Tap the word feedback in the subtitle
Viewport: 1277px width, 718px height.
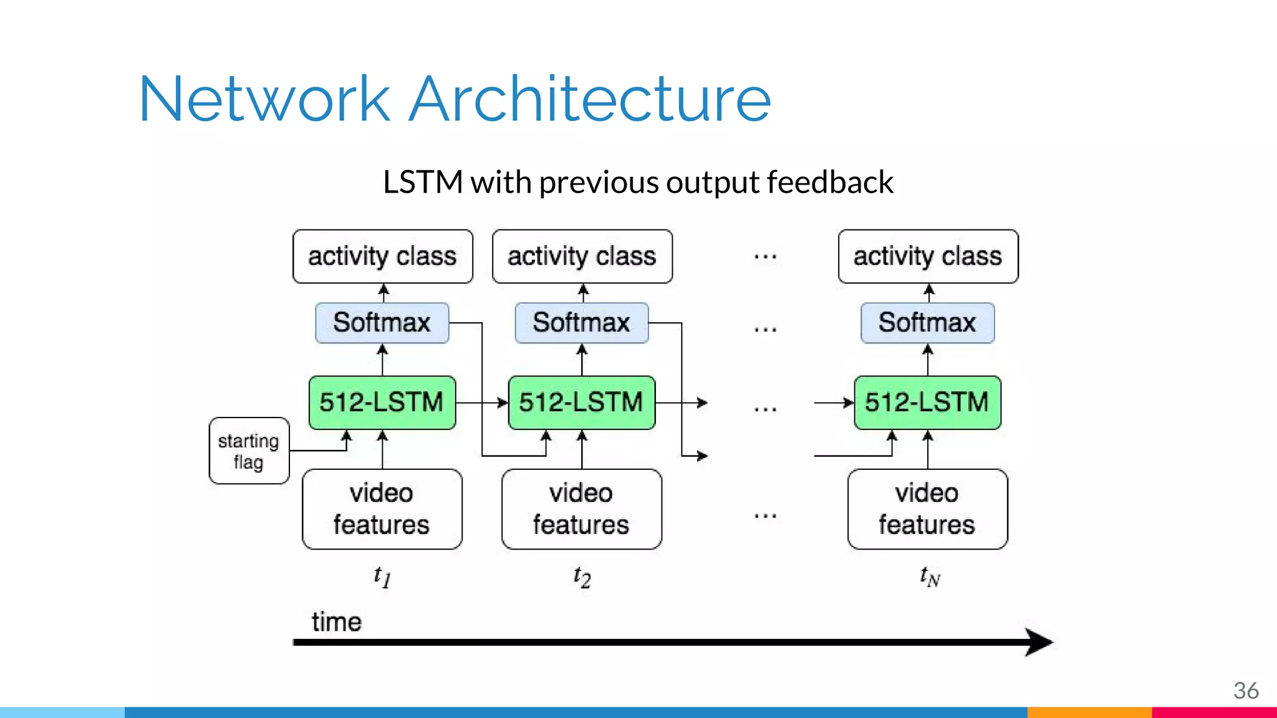830,182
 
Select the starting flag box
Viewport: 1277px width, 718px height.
249,451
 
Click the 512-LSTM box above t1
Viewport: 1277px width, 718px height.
382,403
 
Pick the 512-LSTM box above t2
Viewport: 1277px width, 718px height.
582,403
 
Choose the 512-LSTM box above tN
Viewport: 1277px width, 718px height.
927,403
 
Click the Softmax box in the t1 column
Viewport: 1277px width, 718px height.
382,323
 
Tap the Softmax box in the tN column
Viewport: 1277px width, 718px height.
927,323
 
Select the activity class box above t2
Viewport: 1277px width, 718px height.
582,256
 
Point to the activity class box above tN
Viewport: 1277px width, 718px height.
928,256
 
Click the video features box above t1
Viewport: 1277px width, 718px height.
382,509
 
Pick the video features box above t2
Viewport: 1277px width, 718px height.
582,509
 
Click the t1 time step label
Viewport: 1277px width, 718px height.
382,577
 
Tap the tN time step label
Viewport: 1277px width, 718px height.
929,577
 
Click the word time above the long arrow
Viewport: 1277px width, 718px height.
336,621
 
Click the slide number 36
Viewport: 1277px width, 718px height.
1245,691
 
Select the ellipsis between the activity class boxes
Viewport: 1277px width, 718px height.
765,257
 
